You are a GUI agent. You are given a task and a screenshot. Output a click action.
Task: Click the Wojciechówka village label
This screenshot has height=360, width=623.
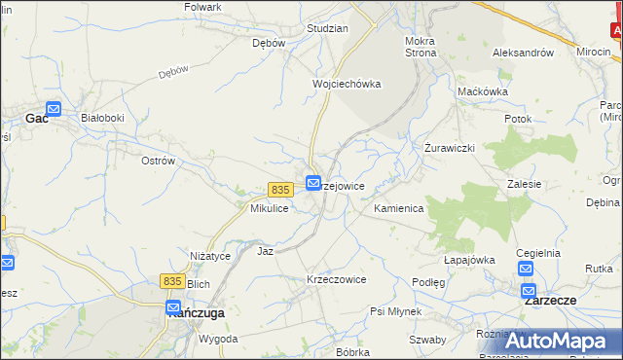[x=346, y=84]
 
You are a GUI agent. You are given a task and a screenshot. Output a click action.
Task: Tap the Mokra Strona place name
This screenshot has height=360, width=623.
[x=420, y=48]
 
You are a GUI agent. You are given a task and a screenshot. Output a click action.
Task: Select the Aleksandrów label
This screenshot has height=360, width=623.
[x=523, y=53]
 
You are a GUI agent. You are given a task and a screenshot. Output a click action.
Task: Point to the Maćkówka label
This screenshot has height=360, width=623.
[x=483, y=91]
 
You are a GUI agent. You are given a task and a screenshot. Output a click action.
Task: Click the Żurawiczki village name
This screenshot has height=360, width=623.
[x=449, y=148]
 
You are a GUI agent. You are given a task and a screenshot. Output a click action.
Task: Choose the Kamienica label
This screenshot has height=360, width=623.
[x=398, y=209]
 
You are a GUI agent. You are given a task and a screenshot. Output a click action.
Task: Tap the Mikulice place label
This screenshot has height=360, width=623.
[x=269, y=209]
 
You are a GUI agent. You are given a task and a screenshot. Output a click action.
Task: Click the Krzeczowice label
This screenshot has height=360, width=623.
[x=336, y=279]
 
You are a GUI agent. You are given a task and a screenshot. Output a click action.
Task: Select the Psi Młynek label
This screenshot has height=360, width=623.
[x=395, y=311]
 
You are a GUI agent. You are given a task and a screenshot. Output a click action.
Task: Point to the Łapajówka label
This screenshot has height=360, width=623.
[x=470, y=260]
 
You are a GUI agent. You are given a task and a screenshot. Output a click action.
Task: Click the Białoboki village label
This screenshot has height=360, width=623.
[x=102, y=118]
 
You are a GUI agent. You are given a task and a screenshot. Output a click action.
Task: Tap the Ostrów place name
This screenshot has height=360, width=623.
[x=158, y=161]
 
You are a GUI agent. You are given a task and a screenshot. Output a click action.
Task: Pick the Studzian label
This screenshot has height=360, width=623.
[x=327, y=28]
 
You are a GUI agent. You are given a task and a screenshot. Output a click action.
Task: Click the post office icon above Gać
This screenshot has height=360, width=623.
[x=54, y=110]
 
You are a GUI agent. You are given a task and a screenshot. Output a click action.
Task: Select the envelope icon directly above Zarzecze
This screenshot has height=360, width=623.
[x=529, y=290]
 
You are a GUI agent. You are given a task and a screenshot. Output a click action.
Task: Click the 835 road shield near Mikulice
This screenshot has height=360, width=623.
[x=280, y=189]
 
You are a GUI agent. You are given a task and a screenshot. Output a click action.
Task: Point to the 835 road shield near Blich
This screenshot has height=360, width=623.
[x=172, y=281]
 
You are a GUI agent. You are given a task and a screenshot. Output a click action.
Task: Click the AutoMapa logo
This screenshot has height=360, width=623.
[x=561, y=341]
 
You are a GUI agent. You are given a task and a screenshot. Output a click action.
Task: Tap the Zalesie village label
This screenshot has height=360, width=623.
[x=525, y=184]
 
